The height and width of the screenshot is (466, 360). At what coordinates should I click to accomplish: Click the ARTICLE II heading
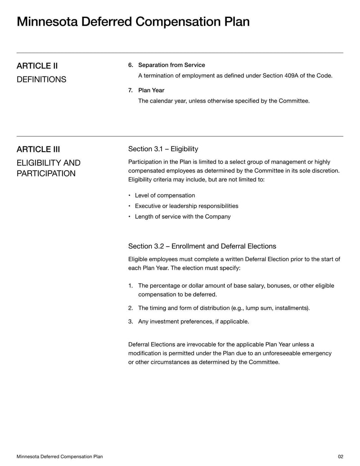pos(37,66)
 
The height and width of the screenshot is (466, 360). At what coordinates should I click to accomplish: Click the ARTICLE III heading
pos(38,149)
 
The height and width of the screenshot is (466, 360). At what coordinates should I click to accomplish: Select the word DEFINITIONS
pos(41,80)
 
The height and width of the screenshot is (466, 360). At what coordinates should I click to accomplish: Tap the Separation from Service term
pos(171,65)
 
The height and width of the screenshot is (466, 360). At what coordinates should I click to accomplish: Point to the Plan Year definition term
pos(151,90)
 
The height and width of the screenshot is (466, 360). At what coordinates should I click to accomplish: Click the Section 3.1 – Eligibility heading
pos(163,149)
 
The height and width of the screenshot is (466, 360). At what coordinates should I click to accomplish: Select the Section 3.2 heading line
pos(202,246)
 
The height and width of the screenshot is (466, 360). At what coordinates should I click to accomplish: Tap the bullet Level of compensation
pos(165,195)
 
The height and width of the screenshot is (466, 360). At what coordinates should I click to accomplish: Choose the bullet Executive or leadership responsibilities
pos(186,206)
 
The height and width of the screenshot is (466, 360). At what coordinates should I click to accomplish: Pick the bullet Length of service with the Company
pos(182,217)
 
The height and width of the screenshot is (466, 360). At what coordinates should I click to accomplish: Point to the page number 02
pos(340,457)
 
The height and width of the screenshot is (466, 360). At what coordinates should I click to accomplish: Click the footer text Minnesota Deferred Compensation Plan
pos(59,457)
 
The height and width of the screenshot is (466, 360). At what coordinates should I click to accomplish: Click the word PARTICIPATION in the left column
pos(46,174)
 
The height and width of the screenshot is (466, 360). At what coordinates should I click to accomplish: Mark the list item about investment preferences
pos(193,321)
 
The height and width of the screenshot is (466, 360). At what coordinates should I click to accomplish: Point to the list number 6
pos(130,65)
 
